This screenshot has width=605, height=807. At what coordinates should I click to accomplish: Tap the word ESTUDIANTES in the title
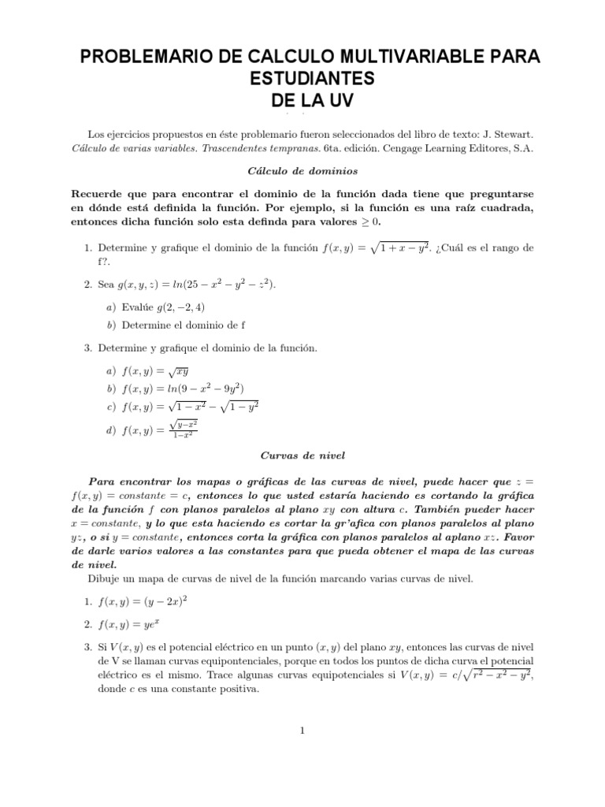click(302, 79)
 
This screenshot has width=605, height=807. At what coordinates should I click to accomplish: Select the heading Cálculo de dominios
click(302, 170)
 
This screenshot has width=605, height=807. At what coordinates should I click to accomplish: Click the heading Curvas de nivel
click(302, 456)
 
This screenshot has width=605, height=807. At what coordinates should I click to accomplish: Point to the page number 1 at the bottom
click(302, 731)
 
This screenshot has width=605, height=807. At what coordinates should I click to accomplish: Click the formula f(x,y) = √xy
click(156, 371)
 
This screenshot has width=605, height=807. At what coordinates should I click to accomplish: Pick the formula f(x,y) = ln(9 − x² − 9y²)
click(183, 389)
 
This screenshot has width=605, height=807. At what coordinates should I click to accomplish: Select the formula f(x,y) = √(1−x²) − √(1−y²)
click(191, 407)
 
